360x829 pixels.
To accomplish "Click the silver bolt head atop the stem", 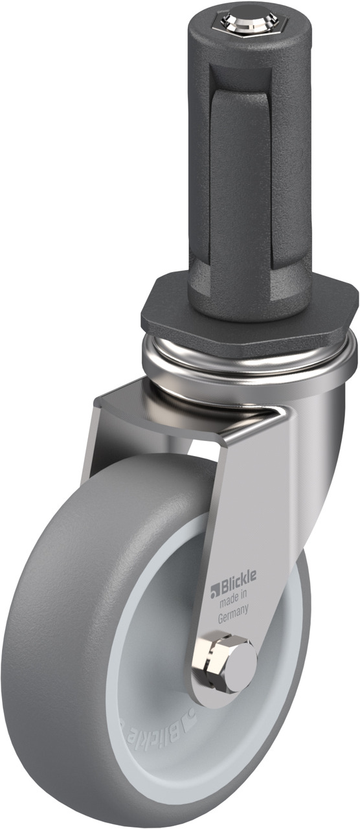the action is (245, 19).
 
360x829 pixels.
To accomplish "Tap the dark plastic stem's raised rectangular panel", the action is (242, 177).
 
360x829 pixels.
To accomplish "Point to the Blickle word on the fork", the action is (238, 576).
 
